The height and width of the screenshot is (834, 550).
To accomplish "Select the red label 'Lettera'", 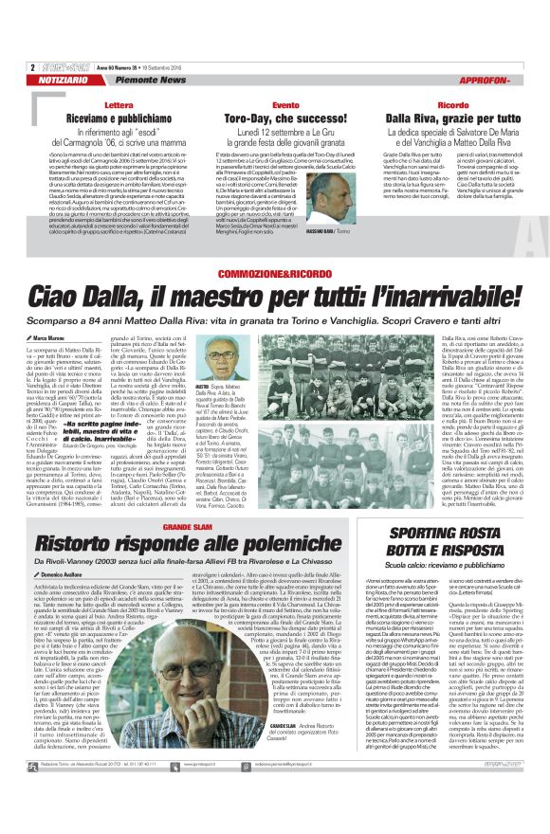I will tap(119, 104).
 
